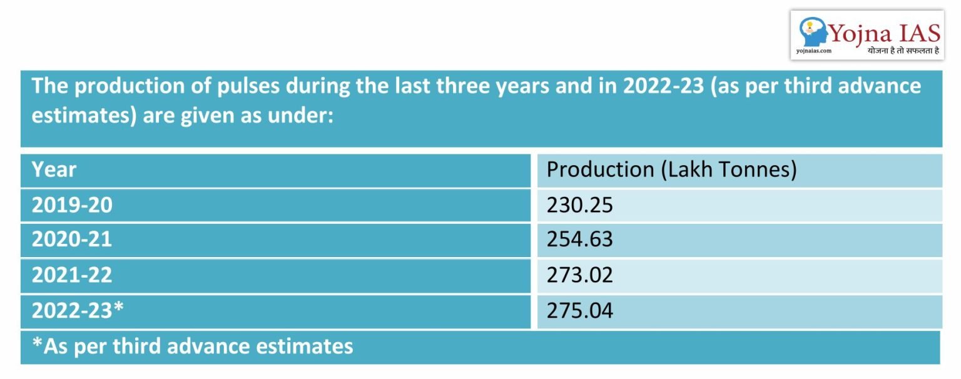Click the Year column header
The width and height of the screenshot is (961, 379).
(54, 170)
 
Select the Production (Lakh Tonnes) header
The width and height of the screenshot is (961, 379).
(671, 170)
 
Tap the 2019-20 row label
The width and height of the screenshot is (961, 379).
(72, 205)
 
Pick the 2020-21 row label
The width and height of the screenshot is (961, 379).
(72, 240)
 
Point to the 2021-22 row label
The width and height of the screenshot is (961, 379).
(72, 275)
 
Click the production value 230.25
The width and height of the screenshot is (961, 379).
(579, 205)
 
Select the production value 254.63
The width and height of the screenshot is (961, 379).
(579, 240)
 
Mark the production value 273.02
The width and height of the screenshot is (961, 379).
(579, 275)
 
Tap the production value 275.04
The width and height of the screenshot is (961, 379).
(579, 310)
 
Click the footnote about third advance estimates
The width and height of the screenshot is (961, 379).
(193, 346)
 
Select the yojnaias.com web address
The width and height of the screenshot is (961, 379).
(813, 51)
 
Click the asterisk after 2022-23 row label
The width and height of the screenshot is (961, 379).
(126, 308)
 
